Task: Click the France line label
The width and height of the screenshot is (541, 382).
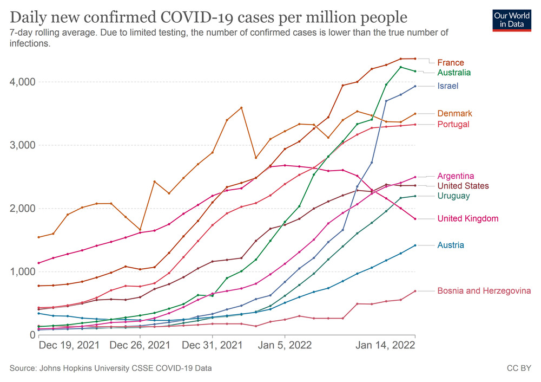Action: [x=451, y=62]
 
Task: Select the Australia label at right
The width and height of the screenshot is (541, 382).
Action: [x=454, y=73]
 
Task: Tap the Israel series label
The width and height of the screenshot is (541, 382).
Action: [x=448, y=86]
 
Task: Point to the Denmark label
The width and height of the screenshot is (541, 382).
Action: [x=454, y=113]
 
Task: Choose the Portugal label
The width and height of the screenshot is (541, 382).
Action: [x=453, y=124]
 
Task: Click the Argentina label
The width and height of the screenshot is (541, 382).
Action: [x=456, y=176]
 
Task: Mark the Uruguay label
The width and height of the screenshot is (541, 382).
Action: [x=453, y=196]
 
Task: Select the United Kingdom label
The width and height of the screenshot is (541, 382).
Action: [x=468, y=218]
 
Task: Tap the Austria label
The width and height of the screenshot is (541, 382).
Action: [x=450, y=245]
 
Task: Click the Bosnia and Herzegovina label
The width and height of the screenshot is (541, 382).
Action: [x=484, y=291]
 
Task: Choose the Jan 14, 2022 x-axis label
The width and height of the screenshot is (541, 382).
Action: [x=385, y=345]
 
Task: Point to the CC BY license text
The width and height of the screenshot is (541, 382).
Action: [x=519, y=368]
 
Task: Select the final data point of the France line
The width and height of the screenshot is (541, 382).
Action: [x=415, y=59]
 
